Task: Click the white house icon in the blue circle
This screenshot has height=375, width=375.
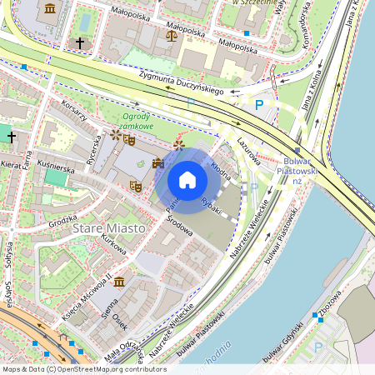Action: [x=187, y=179]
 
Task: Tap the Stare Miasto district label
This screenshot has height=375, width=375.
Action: [x=108, y=227]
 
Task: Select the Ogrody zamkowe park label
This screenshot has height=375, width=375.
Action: [x=137, y=121]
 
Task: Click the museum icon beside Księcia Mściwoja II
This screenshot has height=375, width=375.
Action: [x=119, y=282]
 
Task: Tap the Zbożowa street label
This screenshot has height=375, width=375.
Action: [x=332, y=300]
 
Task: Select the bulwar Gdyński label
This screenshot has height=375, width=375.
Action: [x=287, y=333]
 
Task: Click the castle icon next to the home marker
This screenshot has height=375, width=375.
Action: [x=157, y=162]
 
